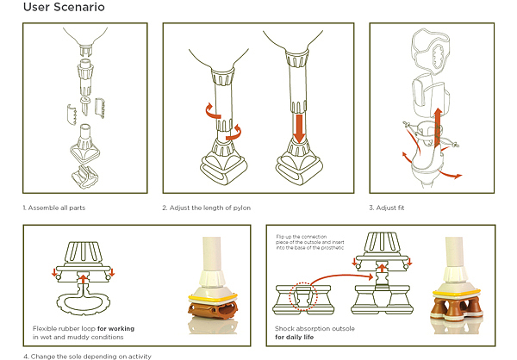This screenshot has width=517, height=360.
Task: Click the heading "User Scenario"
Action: pyautogui.click(x=64, y=7)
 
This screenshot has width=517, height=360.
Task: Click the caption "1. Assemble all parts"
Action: pyautogui.click(x=54, y=208)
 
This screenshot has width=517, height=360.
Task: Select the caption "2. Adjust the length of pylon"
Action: pyautogui.click(x=207, y=208)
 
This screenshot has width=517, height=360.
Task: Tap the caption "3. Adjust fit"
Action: pyautogui.click(x=386, y=208)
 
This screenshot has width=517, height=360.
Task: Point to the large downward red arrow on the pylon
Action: pyautogui.click(x=299, y=128)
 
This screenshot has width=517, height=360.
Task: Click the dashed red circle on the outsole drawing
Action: pyautogui.click(x=303, y=296)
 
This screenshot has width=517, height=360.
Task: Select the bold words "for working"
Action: pyautogui.click(x=115, y=328)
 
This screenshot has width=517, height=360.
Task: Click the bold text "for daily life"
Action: pyautogui.click(x=294, y=337)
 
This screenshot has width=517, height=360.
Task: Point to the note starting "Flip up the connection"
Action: pyautogui.click(x=310, y=242)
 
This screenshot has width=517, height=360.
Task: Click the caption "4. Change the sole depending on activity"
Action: pyautogui.click(x=87, y=357)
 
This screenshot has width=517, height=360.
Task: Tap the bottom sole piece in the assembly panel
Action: pyautogui.click(x=84, y=177)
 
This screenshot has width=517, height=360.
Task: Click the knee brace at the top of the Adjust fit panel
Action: pyautogui.click(x=432, y=49)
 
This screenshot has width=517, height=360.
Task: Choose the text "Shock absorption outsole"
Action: pyautogui.click(x=315, y=328)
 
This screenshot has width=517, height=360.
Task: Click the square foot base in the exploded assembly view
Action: pyautogui.click(x=85, y=145)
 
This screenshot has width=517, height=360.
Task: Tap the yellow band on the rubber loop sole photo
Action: pyautogui.click(x=213, y=298)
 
